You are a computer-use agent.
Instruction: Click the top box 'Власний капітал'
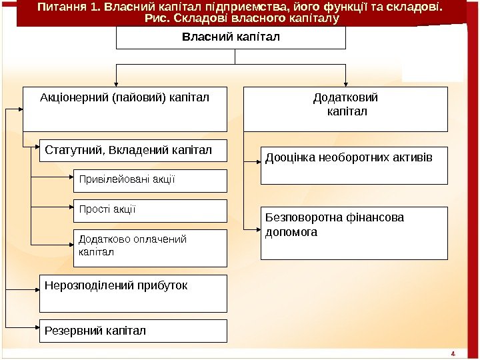click(231, 37)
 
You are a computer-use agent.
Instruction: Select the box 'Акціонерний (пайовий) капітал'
click(125, 109)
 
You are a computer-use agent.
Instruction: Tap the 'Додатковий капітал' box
click(345, 109)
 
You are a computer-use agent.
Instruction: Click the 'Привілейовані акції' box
click(150, 181)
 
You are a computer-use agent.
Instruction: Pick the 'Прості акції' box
click(150, 211)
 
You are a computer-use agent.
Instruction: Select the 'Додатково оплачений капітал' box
click(150, 248)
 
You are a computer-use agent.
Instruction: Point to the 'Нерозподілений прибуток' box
click(133, 293)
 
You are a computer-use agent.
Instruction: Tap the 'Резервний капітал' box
click(133, 331)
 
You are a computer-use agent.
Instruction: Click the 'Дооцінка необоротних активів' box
click(354, 165)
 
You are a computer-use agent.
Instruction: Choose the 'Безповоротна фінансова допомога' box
click(354, 233)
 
